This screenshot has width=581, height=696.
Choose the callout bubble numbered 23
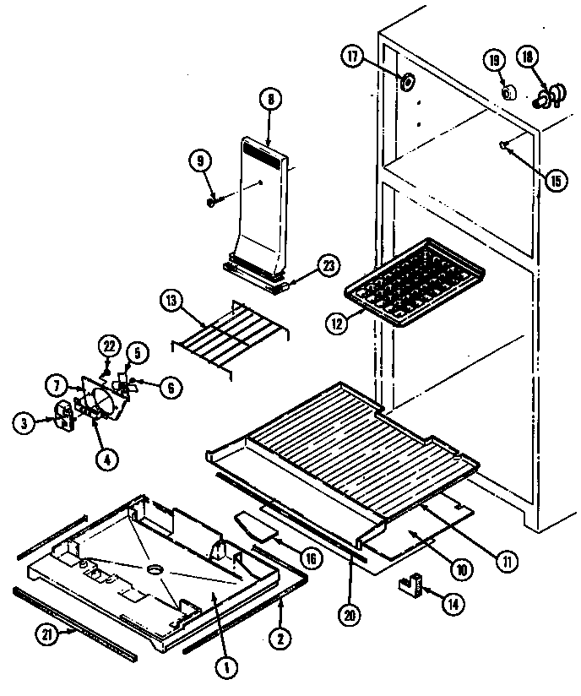point(328,265)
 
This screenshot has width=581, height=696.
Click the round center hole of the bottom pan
point(155,571)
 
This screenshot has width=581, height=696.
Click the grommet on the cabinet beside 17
point(407,82)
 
